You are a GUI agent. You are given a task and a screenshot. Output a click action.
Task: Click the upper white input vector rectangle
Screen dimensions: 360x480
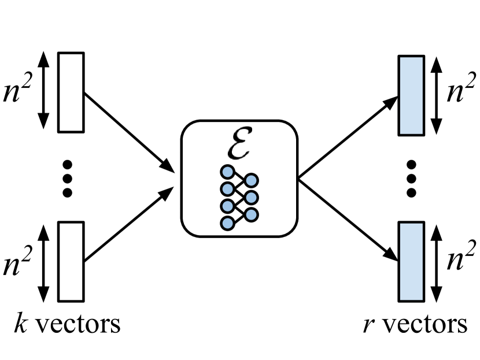71,92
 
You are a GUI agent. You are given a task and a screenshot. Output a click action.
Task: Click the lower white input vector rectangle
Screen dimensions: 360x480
71,262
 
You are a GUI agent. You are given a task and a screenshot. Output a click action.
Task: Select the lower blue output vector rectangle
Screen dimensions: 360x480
411,262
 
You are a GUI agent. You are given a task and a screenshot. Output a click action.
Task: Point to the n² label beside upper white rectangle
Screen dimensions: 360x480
19,92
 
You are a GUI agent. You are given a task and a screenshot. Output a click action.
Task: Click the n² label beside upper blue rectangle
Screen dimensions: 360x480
461,92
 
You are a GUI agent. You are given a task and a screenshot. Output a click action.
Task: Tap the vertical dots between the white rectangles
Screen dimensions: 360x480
68,177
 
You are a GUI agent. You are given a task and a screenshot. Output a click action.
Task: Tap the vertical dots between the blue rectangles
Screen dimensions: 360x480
412,177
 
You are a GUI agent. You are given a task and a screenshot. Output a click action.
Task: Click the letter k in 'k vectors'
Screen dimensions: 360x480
19,324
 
